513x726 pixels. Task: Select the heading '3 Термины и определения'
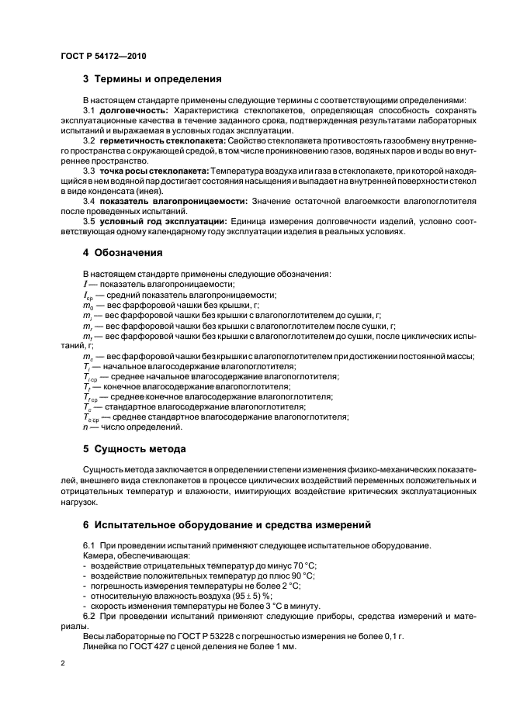click(152, 79)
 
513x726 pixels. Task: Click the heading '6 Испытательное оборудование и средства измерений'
click(227, 525)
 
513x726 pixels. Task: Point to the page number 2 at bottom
click(63, 664)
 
